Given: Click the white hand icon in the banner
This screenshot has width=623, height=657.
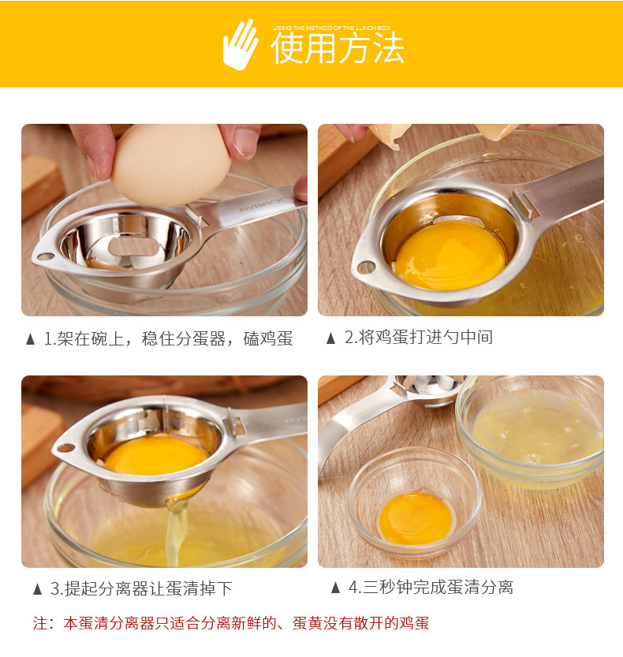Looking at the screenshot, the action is [x=240, y=45].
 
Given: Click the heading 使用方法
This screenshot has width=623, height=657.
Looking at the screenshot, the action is [x=338, y=49].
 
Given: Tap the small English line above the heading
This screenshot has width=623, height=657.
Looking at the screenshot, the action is [x=332, y=28].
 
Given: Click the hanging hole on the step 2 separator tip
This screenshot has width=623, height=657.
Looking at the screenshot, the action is [x=366, y=267].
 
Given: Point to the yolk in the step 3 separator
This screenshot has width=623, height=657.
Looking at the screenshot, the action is [x=156, y=455].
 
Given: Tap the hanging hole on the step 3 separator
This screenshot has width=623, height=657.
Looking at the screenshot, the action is [x=65, y=448].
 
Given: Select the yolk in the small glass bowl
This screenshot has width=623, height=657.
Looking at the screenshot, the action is [x=415, y=519].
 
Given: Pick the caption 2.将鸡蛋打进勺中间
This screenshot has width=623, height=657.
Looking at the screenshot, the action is [x=419, y=338].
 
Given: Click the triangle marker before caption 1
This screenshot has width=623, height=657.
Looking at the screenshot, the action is [x=30, y=339].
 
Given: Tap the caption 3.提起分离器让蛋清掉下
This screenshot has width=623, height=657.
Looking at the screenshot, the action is [x=141, y=588].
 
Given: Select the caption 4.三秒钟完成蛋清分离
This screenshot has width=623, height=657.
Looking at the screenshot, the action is [x=431, y=588].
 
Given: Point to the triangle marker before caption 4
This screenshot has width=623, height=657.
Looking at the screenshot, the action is [x=335, y=588].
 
